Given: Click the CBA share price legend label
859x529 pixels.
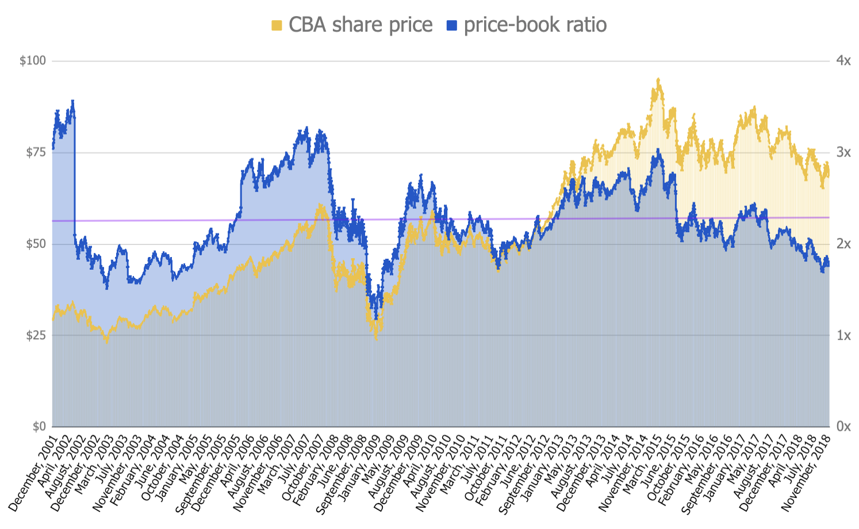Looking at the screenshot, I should [361, 25].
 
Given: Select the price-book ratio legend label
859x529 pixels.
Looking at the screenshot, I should [535, 25].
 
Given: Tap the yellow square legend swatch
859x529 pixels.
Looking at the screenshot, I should [277, 25].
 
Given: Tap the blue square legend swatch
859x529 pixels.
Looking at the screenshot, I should [452, 25].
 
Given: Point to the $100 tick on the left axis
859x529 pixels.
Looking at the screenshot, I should [33, 61].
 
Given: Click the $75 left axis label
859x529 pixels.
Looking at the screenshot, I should [35, 152].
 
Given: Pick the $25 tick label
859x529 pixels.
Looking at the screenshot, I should [35, 335].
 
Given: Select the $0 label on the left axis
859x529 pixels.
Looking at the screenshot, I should [39, 427].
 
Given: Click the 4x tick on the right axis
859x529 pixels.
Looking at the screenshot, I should [843, 61].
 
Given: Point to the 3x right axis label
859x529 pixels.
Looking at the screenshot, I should [843, 152].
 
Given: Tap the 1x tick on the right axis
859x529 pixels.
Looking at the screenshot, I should [843, 335].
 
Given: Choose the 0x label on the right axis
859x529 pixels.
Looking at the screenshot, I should [843, 427].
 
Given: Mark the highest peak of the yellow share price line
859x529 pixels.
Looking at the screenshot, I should [658, 79].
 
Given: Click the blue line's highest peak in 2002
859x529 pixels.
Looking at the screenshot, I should [72, 101].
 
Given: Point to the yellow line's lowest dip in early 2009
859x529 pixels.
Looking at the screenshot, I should [376, 339].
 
